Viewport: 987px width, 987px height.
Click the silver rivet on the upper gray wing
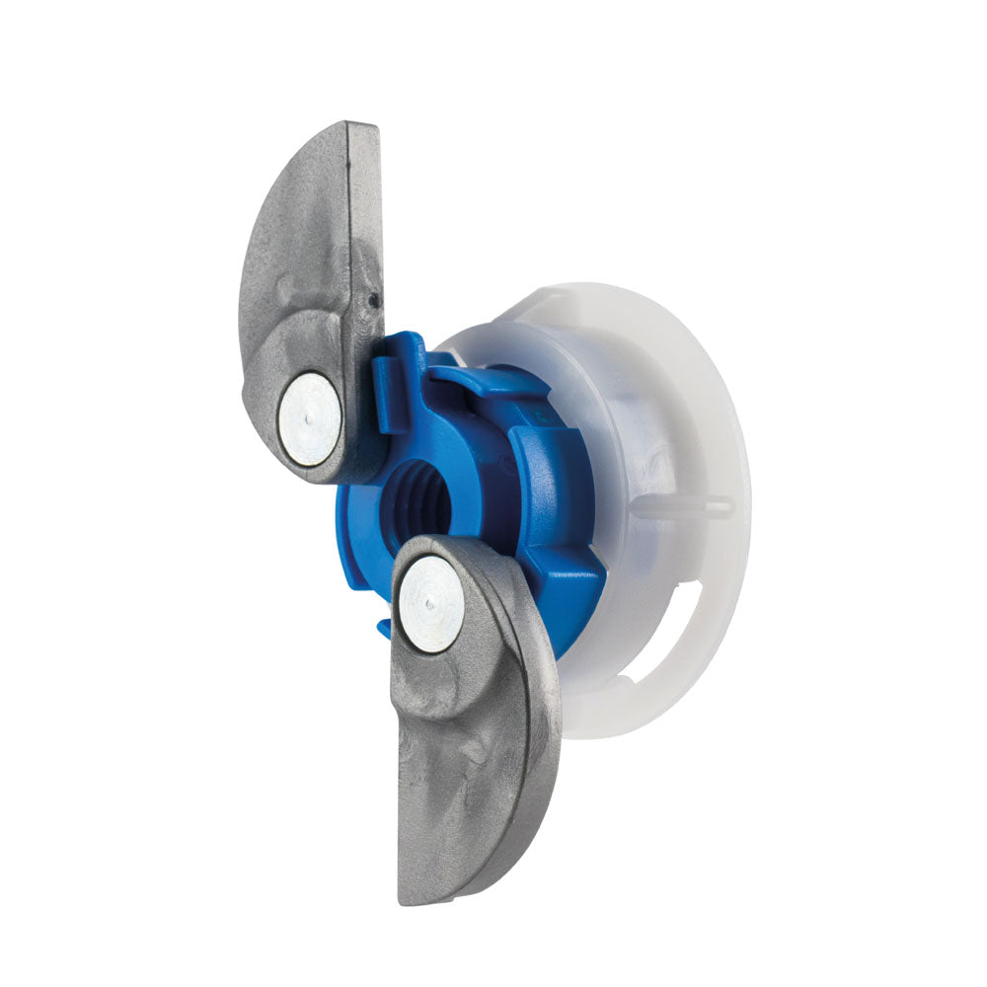click(309, 418)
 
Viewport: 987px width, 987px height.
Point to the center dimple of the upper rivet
click(309, 418)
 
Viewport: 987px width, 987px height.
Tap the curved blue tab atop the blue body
click(474, 380)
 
